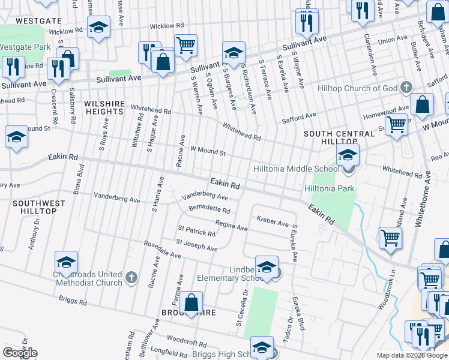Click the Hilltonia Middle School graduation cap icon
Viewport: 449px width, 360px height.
tap(348, 155)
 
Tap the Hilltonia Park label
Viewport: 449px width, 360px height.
tap(330, 188)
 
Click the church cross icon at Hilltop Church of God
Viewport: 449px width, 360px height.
tap(406, 88)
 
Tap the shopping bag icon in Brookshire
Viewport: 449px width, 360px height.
tap(191, 304)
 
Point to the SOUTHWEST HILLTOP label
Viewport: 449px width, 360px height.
tap(38, 208)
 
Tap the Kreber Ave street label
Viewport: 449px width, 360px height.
tap(273, 222)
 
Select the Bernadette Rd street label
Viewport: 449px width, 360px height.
tap(209, 211)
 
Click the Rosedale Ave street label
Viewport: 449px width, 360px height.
tap(161, 250)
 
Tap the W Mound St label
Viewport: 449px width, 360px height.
tap(208, 151)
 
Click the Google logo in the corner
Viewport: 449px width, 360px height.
tap(20, 353)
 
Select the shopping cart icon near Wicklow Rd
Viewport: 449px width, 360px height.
tap(186, 44)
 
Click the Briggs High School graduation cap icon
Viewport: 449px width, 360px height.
tap(262, 347)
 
